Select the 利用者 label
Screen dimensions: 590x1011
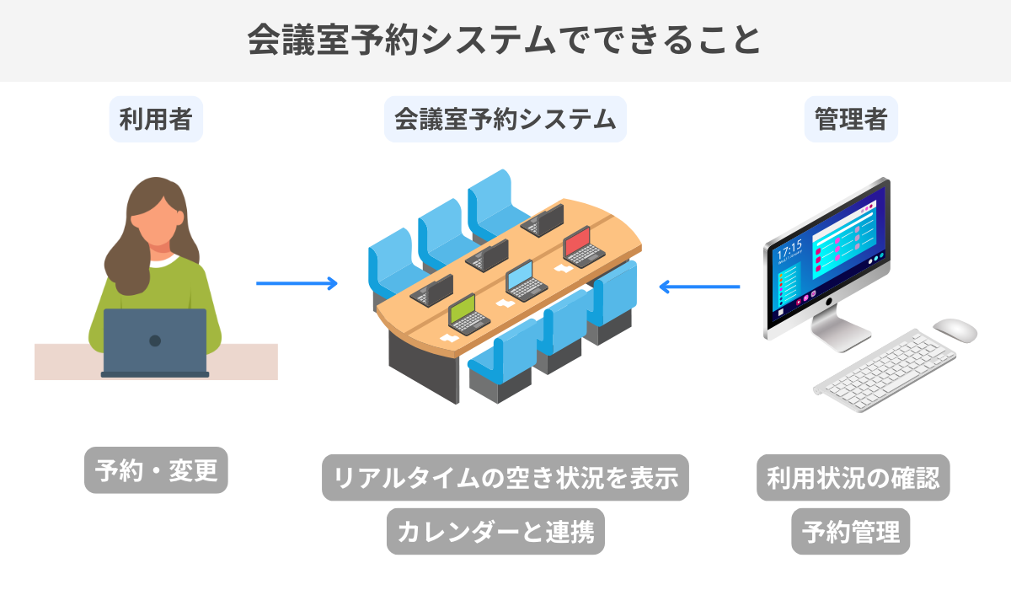pyautogui.click(x=156, y=119)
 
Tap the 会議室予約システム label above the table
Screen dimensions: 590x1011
pyautogui.click(x=505, y=119)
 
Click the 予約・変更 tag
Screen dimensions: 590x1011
pyautogui.click(x=156, y=470)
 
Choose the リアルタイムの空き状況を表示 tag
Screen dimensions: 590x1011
pyautogui.click(x=505, y=478)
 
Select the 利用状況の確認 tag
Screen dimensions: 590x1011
pyautogui.click(x=853, y=478)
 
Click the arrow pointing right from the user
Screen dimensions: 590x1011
pyautogui.click(x=296, y=283)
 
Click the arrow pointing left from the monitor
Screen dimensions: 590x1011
pyautogui.click(x=699, y=287)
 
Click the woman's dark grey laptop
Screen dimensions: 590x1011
pyautogui.click(x=155, y=341)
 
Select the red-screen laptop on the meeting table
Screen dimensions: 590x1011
pyautogui.click(x=580, y=246)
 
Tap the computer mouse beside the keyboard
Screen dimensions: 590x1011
pyautogui.click(x=955, y=330)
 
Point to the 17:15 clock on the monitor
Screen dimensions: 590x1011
pyautogui.click(x=789, y=250)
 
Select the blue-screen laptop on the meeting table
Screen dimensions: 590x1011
pyautogui.click(x=524, y=281)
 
